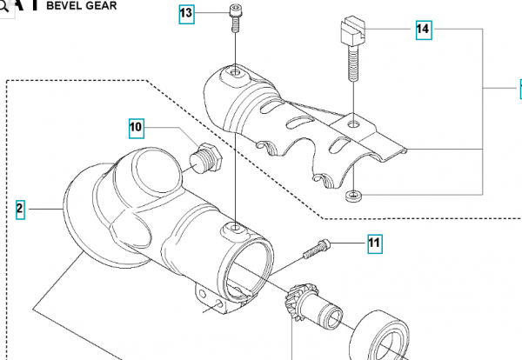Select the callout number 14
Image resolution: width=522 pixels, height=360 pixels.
point(423,30)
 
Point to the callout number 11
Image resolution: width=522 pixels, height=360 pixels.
point(373,243)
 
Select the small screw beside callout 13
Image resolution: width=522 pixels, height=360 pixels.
point(236,17)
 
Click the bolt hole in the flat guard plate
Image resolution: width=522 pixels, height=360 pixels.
point(351,124)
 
